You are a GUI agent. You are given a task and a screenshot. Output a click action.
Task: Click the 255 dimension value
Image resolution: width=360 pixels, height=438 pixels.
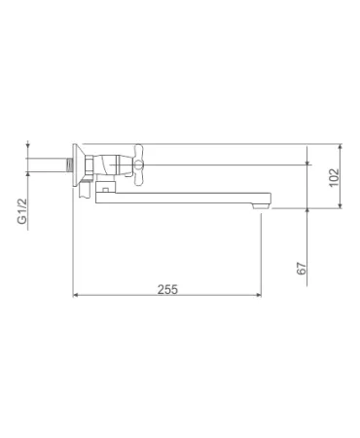pos(167,289)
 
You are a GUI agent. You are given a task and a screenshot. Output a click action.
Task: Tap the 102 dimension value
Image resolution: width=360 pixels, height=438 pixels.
pos(334,177)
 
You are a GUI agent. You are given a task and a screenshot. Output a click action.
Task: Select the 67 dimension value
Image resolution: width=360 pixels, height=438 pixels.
pos(302,269)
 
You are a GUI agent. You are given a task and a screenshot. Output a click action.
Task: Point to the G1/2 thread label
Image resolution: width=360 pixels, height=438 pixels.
pos(21,211)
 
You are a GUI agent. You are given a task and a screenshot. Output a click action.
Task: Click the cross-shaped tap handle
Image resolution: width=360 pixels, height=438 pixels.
pos(139,164)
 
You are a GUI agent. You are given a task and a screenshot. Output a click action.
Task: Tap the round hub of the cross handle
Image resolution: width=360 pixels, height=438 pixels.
pos(139,165)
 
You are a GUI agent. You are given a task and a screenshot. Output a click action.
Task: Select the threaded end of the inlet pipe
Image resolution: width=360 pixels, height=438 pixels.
pos(68,164)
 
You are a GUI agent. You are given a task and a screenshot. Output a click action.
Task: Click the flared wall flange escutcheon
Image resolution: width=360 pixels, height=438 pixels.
pos(78,165)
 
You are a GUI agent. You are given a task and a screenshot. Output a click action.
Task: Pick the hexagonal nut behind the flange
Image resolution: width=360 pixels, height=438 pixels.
pos(90,165)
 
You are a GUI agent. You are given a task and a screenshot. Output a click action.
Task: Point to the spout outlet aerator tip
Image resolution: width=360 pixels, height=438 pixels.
pos(262,206)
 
